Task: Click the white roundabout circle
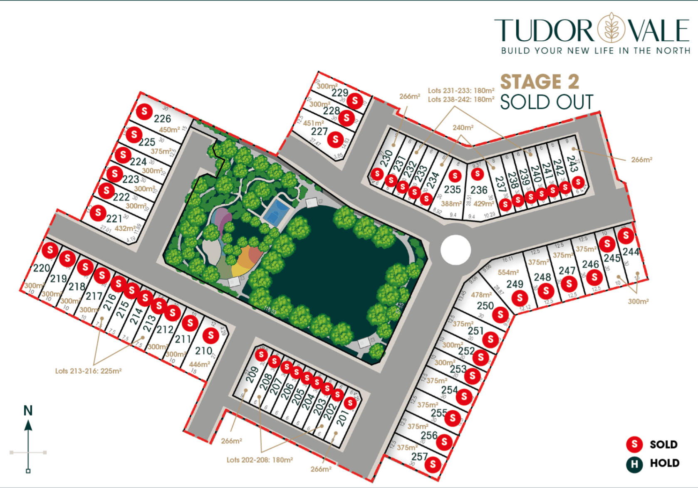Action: (456, 250)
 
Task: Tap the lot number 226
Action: (162, 119)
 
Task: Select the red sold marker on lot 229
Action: (355, 100)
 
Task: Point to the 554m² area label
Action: (508, 272)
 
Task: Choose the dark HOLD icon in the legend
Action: (634, 464)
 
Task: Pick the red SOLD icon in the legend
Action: (634, 444)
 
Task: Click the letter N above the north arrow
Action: (28, 411)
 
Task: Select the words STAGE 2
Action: (540, 82)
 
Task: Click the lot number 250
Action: (485, 306)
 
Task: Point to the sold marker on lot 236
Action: (477, 174)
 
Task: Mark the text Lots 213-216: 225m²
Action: (88, 371)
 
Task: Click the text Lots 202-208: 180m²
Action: (260, 460)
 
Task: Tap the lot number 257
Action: (419, 456)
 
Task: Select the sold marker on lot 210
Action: (211, 335)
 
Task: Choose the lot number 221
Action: (114, 219)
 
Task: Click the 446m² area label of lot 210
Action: (199, 365)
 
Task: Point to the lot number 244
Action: (631, 252)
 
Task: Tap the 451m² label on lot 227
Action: (313, 123)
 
